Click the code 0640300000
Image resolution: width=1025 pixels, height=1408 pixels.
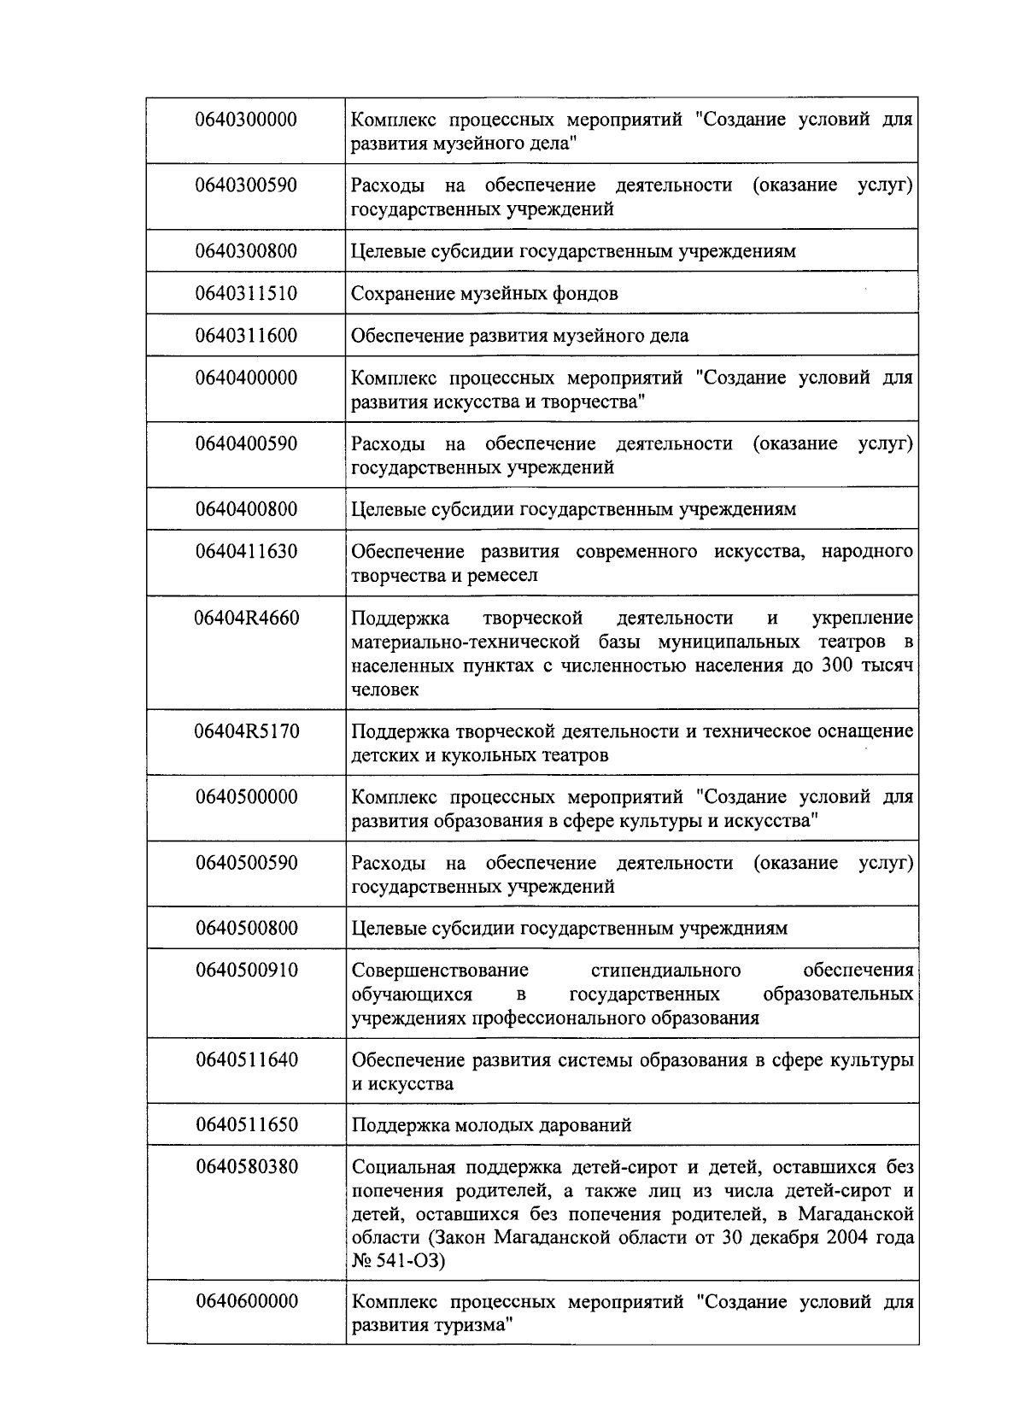(246, 120)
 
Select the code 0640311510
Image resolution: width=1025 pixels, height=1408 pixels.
(246, 293)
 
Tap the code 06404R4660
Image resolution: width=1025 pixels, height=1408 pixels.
(247, 617)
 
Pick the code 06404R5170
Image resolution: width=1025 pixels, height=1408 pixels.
(247, 731)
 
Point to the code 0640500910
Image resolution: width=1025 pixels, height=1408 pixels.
(247, 971)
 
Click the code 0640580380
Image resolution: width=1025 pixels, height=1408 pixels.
(247, 1167)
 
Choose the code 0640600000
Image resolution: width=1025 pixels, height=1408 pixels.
(247, 1301)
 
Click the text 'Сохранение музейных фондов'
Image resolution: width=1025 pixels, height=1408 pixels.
(484, 293)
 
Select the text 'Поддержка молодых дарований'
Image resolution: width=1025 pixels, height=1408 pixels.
(491, 1125)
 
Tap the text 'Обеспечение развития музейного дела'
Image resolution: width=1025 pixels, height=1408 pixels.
(519, 336)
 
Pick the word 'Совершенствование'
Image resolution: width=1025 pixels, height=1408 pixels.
(440, 971)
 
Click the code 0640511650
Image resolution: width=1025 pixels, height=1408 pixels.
(247, 1125)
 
